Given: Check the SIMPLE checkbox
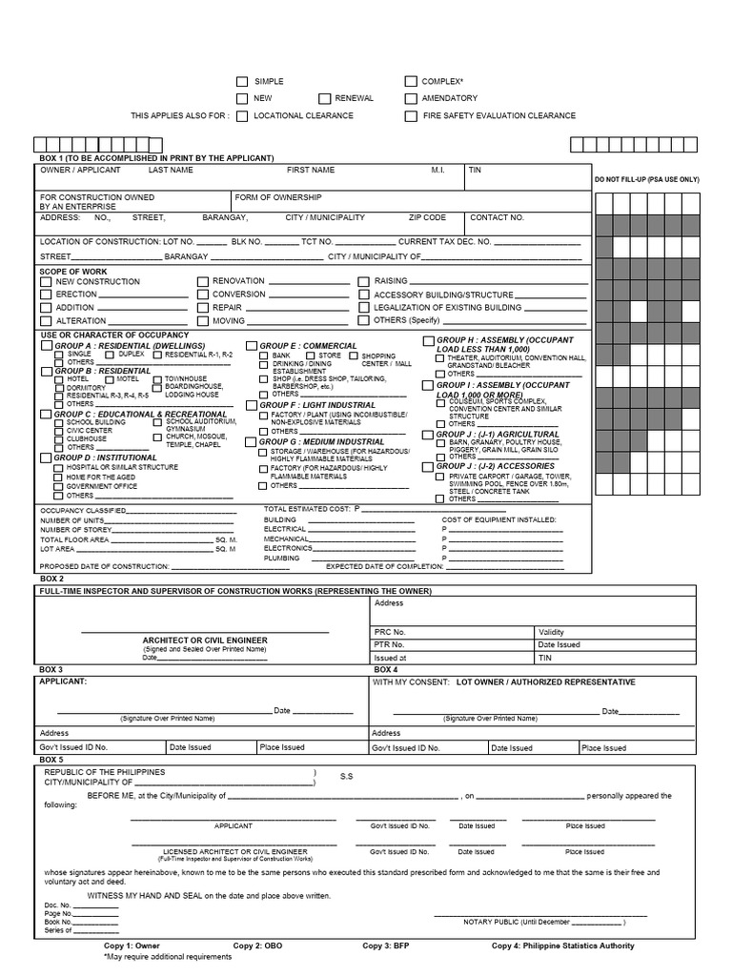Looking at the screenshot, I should pos(242,82).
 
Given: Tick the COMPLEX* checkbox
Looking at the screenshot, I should pos(411,82).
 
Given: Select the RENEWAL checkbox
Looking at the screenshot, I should pos(325,98).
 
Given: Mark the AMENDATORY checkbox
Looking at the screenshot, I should pos(411,98).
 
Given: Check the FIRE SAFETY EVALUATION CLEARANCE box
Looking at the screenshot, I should pos(411,115).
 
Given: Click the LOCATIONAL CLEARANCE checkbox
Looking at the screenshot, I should pos(242,115).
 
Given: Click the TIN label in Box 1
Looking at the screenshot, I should pos(475,170).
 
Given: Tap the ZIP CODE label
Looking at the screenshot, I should pos(427,217).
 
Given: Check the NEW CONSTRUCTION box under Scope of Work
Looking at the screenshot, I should pos(46,282).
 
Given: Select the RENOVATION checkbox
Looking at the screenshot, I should pos(202,282).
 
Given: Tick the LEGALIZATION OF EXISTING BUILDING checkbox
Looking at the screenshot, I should pos(364,308).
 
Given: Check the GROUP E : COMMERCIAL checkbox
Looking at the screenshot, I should pos(252,346).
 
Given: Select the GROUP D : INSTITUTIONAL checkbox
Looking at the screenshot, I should pos(46,457).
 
